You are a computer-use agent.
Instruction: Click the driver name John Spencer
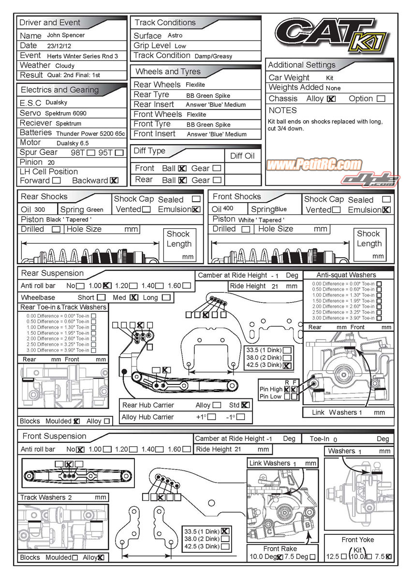click(x=66, y=35)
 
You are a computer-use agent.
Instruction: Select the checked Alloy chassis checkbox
click(x=331, y=99)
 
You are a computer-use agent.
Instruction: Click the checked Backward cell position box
click(x=114, y=180)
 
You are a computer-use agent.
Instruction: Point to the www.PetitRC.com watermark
click(x=314, y=165)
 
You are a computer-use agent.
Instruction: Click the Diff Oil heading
click(x=242, y=156)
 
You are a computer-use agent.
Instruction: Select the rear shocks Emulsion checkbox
click(x=196, y=209)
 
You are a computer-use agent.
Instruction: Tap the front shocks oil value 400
click(x=229, y=209)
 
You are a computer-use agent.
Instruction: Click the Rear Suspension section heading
click(x=52, y=273)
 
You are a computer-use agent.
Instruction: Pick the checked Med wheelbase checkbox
click(x=134, y=297)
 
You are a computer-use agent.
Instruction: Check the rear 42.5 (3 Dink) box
click(x=287, y=366)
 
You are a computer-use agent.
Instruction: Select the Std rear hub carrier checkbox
click(x=245, y=405)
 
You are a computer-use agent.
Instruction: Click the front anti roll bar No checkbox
click(x=80, y=449)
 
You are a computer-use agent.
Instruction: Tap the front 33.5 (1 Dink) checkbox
click(x=225, y=530)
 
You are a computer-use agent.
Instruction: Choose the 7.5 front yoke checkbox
click(x=389, y=557)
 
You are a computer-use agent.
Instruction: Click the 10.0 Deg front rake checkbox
click(x=279, y=557)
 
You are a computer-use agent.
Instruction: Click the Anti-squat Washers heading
click(x=346, y=275)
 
